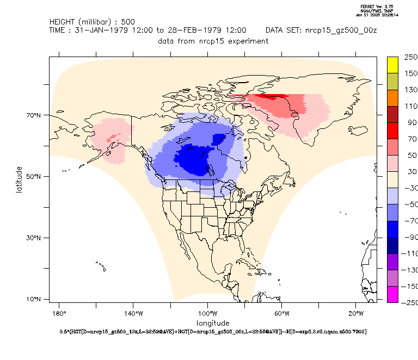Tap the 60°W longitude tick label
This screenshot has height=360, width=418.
281,314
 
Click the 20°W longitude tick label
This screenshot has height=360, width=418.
355,314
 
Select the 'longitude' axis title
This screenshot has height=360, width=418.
213,323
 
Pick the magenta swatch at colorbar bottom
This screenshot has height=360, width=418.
393,294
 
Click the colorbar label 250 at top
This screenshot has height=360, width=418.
410,57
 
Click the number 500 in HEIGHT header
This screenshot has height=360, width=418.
128,22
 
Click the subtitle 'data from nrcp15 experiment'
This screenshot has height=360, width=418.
213,41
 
